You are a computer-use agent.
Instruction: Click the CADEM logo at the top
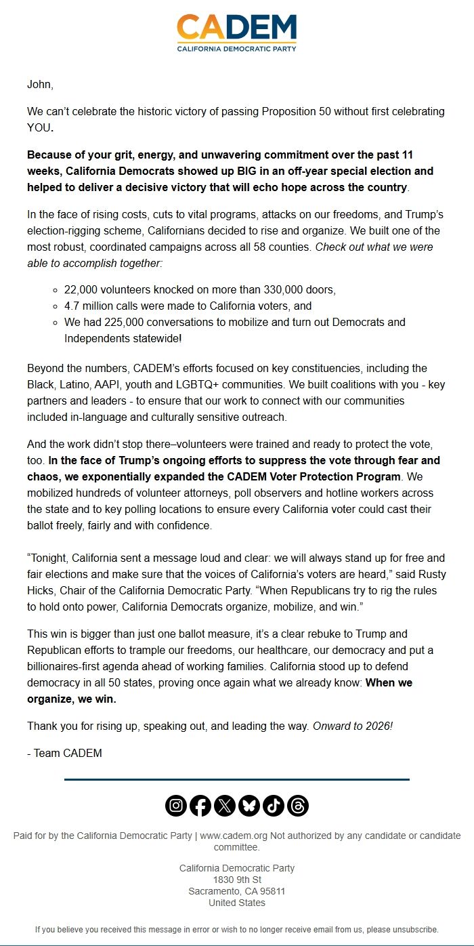coord(236,33)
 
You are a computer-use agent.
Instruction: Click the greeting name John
coord(39,85)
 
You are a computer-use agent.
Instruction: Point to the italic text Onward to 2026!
coord(352,726)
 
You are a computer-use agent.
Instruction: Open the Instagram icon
coord(176,805)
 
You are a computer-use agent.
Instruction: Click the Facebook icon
coord(200,805)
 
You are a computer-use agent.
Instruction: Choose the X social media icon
coord(225,805)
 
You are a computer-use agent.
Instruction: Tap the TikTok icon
coord(274,805)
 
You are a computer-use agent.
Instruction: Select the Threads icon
coord(298,805)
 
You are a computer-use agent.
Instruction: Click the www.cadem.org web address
coord(234,836)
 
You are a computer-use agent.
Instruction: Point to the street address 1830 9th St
coord(236,880)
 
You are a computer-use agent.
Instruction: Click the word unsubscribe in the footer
coord(412,929)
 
